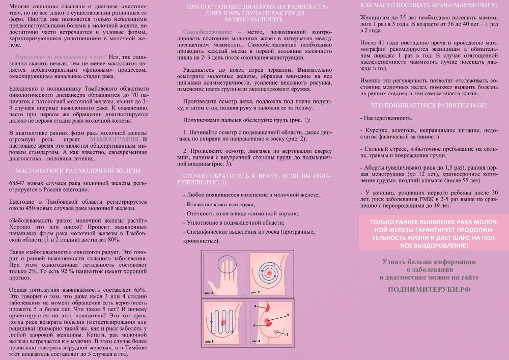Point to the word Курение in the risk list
click(377, 130)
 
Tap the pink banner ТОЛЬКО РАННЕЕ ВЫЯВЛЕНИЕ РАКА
click(433, 234)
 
